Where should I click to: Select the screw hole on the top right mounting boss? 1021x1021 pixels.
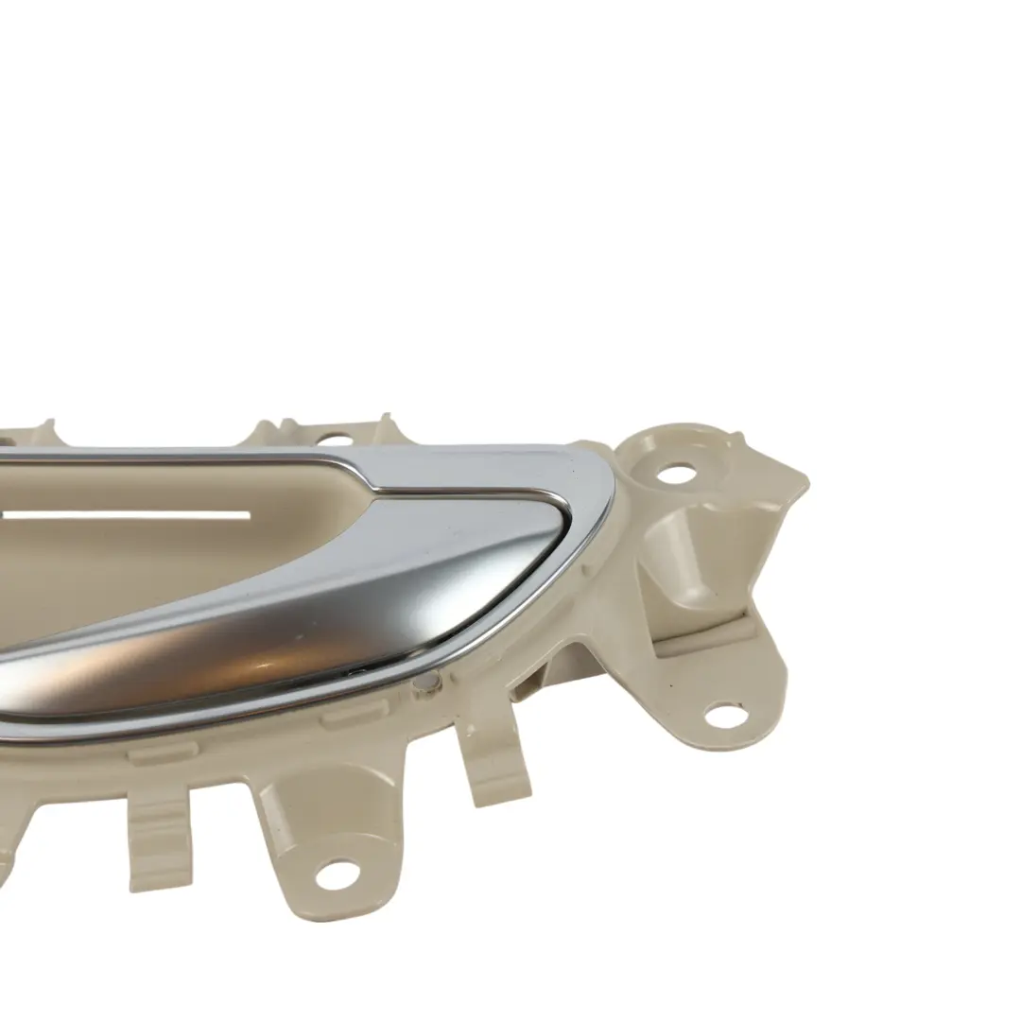point(677,472)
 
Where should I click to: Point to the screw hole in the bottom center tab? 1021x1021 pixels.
point(336,874)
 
